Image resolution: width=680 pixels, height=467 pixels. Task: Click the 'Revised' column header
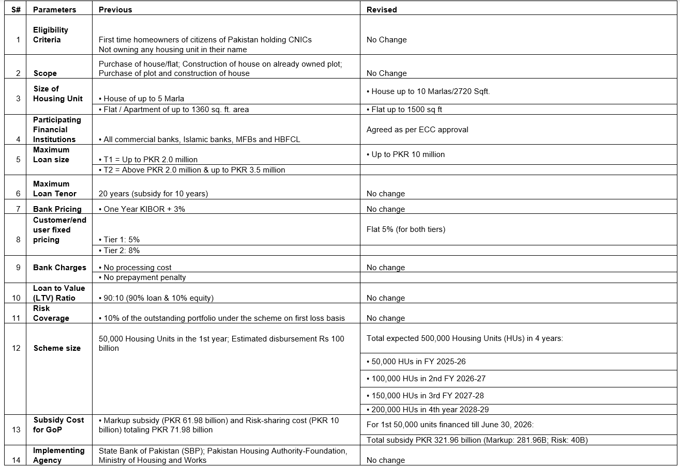click(x=381, y=10)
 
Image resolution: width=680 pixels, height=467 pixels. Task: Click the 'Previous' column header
click(x=115, y=10)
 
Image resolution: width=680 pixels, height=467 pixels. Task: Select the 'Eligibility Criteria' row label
click(x=51, y=35)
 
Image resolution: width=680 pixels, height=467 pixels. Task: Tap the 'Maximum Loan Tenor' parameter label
click(x=54, y=189)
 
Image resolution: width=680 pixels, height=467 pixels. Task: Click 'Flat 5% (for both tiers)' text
click(x=406, y=229)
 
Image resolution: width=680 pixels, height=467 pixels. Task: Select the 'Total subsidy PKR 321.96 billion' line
click(x=477, y=440)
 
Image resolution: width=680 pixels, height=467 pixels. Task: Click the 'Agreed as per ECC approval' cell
click(x=417, y=130)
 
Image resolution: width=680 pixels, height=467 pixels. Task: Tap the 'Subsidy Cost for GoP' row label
click(x=58, y=425)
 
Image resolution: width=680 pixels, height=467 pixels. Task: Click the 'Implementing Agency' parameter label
click(x=58, y=455)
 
